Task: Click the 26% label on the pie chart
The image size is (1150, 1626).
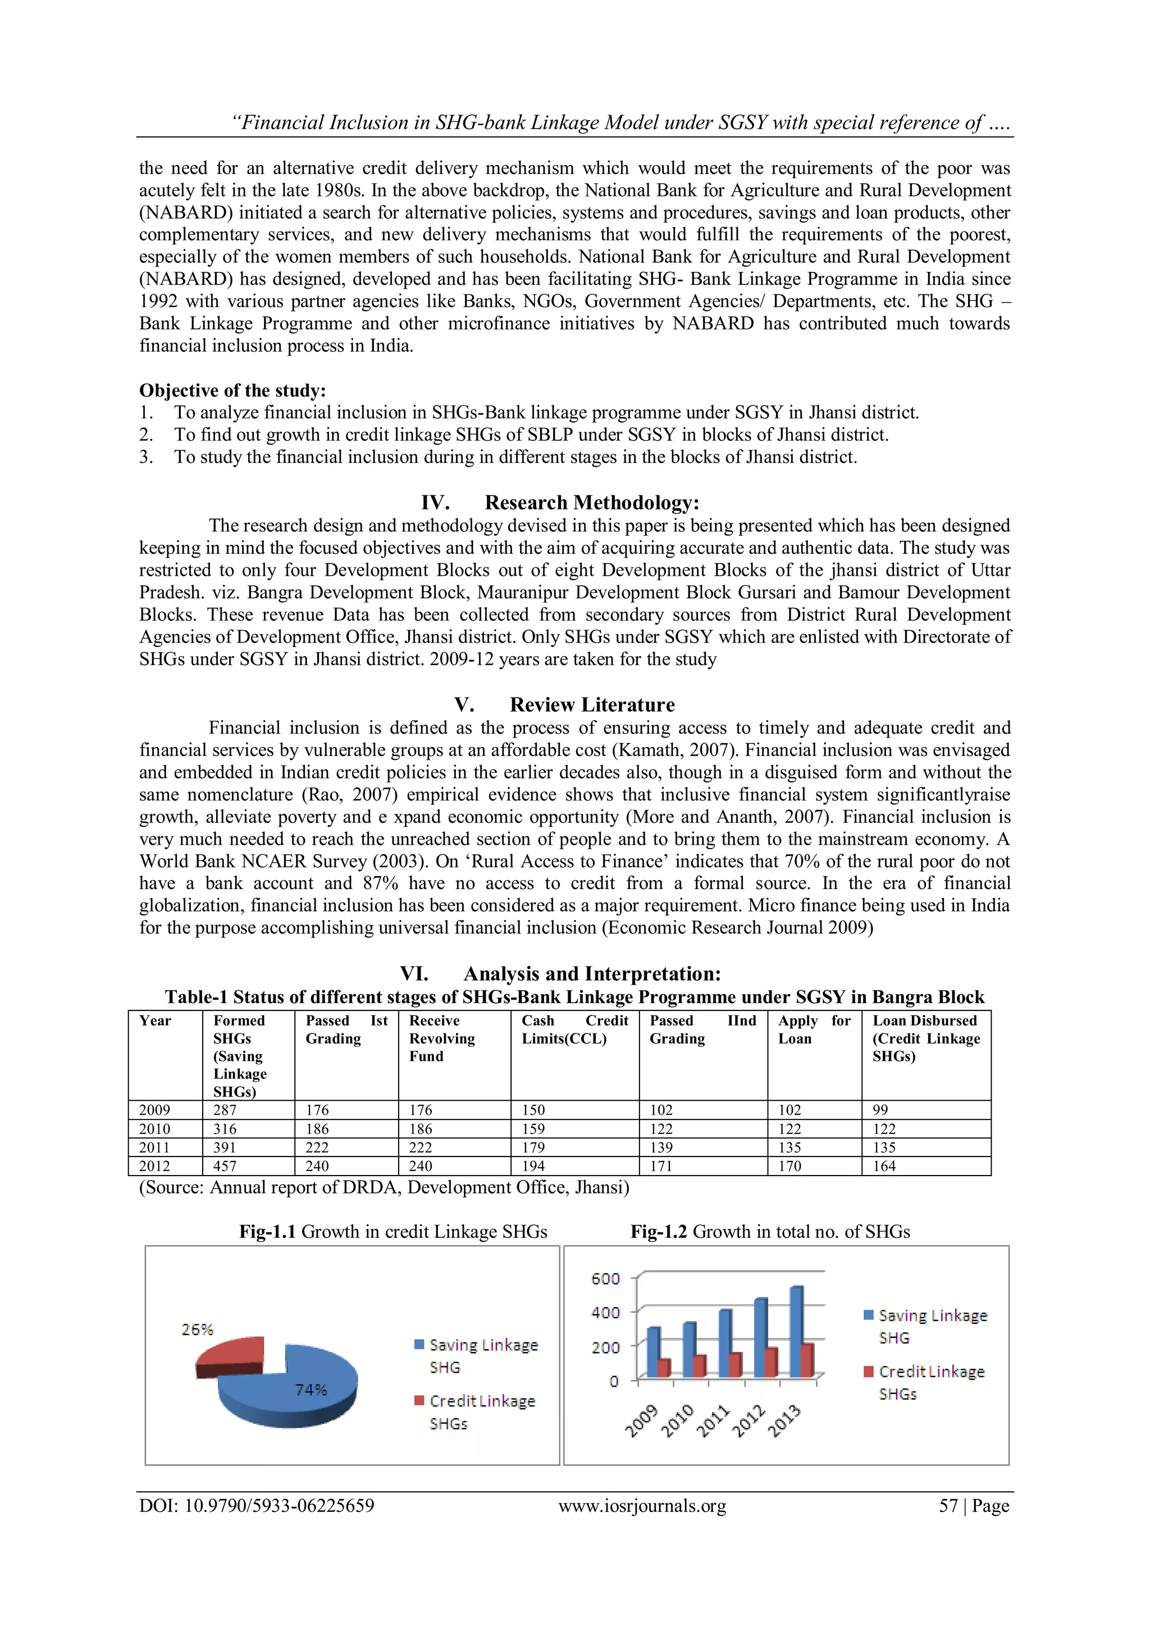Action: point(197,1329)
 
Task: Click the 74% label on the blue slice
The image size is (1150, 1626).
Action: point(311,1390)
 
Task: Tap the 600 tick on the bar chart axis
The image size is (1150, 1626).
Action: point(605,1278)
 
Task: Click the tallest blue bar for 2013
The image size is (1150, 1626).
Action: point(795,1331)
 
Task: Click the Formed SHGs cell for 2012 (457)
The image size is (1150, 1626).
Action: point(225,1165)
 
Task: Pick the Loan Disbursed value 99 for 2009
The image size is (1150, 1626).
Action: point(880,1110)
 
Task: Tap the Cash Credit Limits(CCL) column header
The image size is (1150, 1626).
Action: point(574,1030)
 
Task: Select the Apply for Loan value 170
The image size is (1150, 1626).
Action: point(790,1165)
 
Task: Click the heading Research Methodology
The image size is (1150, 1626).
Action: point(591,503)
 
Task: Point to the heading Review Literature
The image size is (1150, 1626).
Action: point(591,705)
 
